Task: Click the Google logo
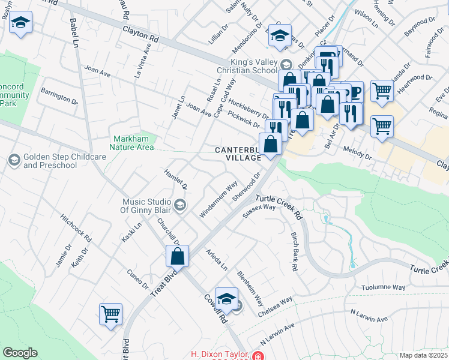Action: [20, 353]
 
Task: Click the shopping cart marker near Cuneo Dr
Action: [111, 314]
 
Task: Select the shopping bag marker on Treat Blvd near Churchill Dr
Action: [178, 256]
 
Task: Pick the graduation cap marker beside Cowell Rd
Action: [226, 299]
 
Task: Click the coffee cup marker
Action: [353, 92]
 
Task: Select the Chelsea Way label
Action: [276, 307]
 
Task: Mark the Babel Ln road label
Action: [74, 33]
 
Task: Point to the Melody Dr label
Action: [358, 153]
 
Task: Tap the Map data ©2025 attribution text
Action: [423, 355]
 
